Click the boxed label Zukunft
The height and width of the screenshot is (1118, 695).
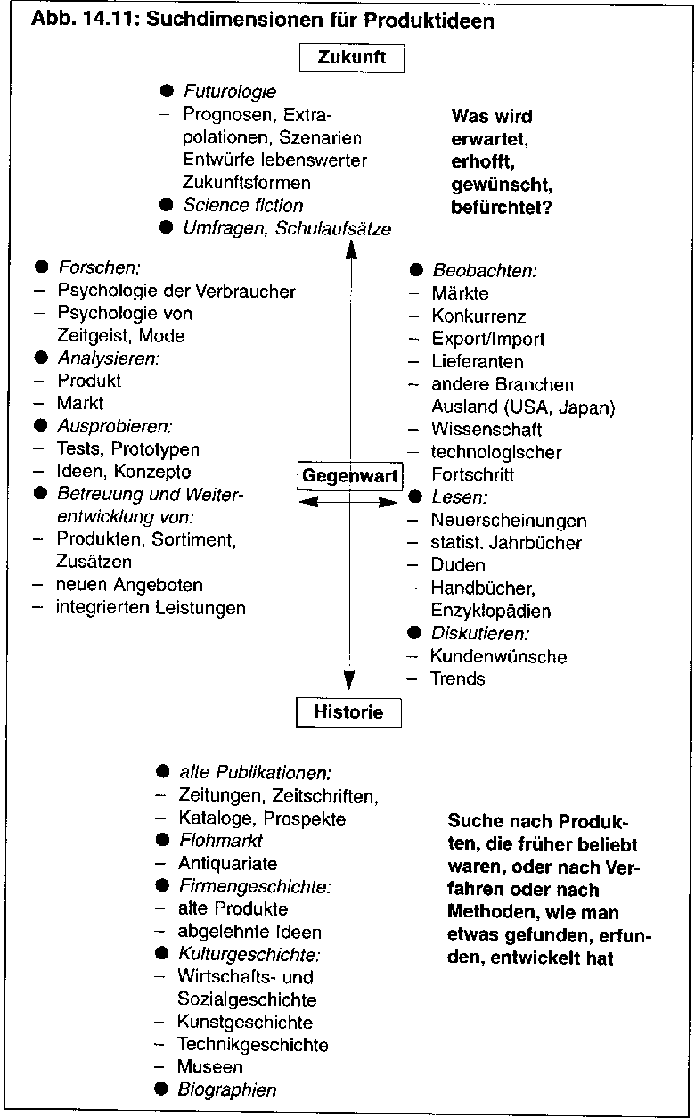[352, 58]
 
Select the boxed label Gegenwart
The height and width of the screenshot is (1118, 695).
[350, 476]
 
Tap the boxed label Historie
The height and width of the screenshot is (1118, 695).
[348, 712]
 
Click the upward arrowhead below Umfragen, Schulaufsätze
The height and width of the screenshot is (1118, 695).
[351, 250]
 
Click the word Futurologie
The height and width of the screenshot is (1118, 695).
[230, 92]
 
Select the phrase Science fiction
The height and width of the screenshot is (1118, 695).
[243, 205]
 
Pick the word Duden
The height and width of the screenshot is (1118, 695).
[458, 565]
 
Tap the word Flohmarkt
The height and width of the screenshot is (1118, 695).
[220, 841]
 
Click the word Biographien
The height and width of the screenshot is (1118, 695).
[227, 1089]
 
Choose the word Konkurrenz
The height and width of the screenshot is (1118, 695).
[478, 316]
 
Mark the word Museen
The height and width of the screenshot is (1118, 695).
[210, 1066]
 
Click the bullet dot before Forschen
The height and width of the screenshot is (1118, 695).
[41, 267]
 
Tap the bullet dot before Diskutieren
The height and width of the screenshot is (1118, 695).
[414, 633]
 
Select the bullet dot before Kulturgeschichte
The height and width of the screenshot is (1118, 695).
[162, 953]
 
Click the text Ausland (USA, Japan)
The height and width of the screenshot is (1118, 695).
[523, 407]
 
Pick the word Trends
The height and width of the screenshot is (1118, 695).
[457, 678]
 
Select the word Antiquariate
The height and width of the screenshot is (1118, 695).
[227, 863]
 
